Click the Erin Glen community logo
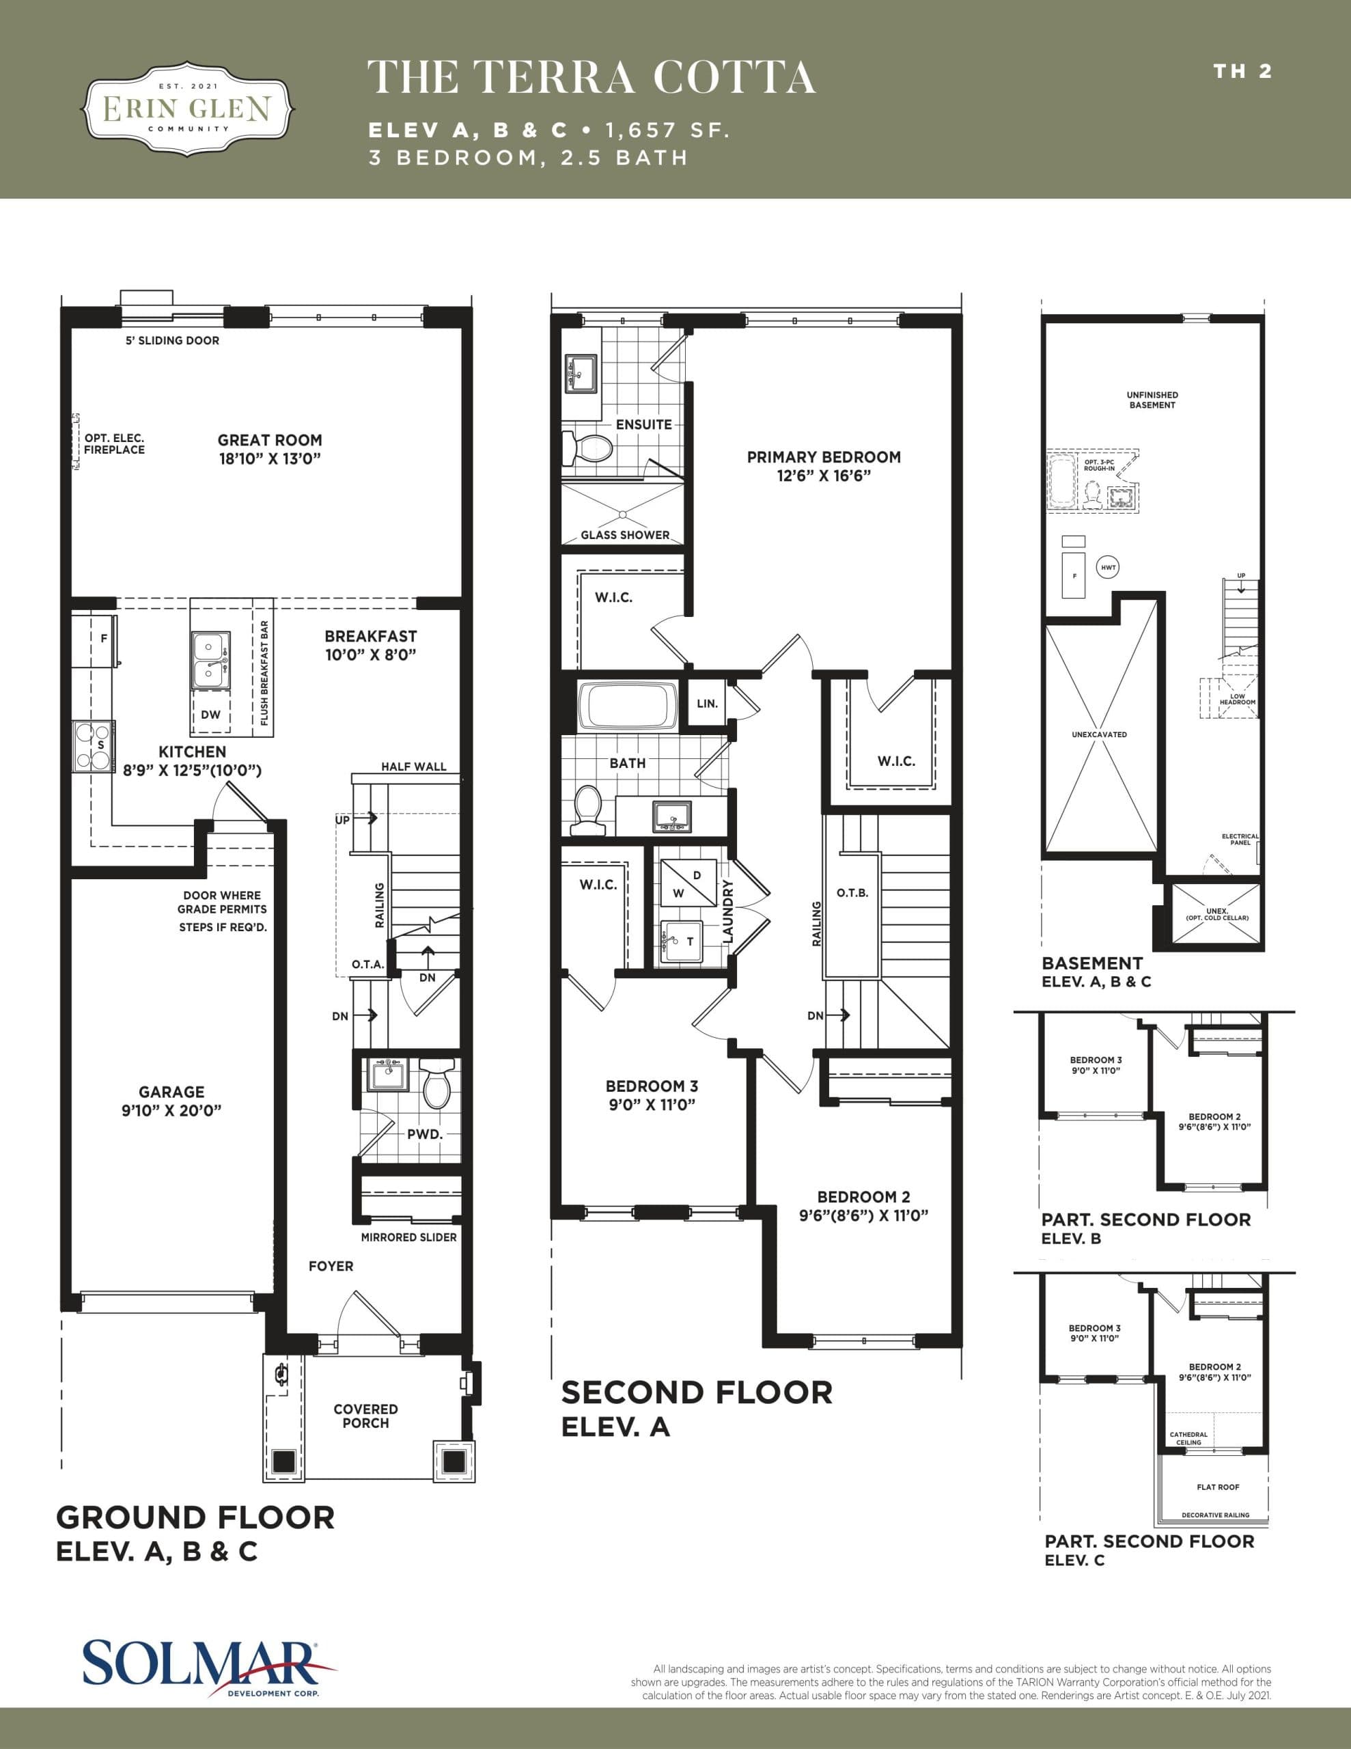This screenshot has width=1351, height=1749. pos(189,107)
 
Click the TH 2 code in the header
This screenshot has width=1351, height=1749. pos(1242,71)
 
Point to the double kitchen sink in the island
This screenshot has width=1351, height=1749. pos(210,660)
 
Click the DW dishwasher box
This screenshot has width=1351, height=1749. pos(210,715)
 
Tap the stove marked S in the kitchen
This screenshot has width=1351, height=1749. pos(93,745)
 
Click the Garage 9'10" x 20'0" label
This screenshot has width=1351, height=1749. pos(171,1101)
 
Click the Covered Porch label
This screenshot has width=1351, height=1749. pos(366,1415)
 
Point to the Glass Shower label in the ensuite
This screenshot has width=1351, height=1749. pos(625,534)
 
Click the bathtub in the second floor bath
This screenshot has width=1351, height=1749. pos(628,706)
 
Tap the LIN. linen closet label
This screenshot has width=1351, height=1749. pos(707,703)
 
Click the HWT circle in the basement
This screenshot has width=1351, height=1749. pos(1109,568)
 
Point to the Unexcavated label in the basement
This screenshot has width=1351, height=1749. pos(1099,734)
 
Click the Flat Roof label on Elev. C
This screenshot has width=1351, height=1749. pos(1217,1487)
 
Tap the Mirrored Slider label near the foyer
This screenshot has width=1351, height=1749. pos(408,1237)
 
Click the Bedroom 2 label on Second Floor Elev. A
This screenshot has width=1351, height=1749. pos(863,1206)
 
